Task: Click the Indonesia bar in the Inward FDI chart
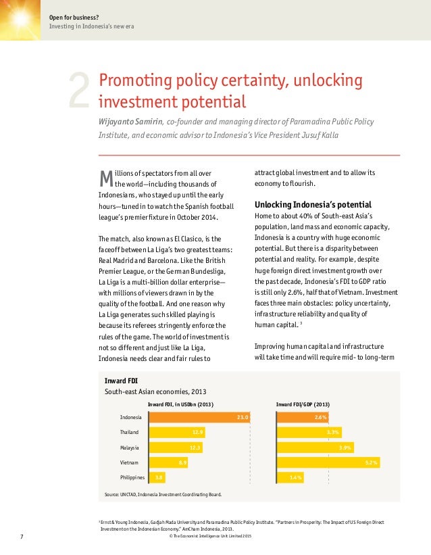[199, 418]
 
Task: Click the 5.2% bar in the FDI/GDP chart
[328, 463]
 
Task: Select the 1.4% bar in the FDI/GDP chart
[290, 478]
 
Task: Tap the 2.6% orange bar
[303, 418]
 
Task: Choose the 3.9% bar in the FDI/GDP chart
[315, 448]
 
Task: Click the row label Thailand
[130, 433]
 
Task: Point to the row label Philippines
[132, 478]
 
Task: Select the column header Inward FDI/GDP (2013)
[303, 404]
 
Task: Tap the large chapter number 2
[80, 93]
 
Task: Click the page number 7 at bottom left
[21, 537]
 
